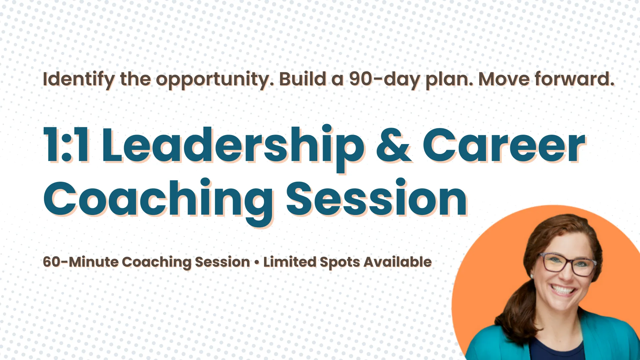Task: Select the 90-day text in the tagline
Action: pos(384,80)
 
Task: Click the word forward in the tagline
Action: pos(575,79)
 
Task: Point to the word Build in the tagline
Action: pos(303,79)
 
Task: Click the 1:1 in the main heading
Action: pos(67,145)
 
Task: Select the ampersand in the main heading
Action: pos(394,146)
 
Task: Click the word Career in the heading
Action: pos(504,146)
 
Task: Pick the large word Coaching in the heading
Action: pos(159,202)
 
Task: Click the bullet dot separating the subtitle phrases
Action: pos(257,262)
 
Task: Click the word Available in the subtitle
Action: pos(398,262)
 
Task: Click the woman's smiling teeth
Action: pos(563,290)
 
